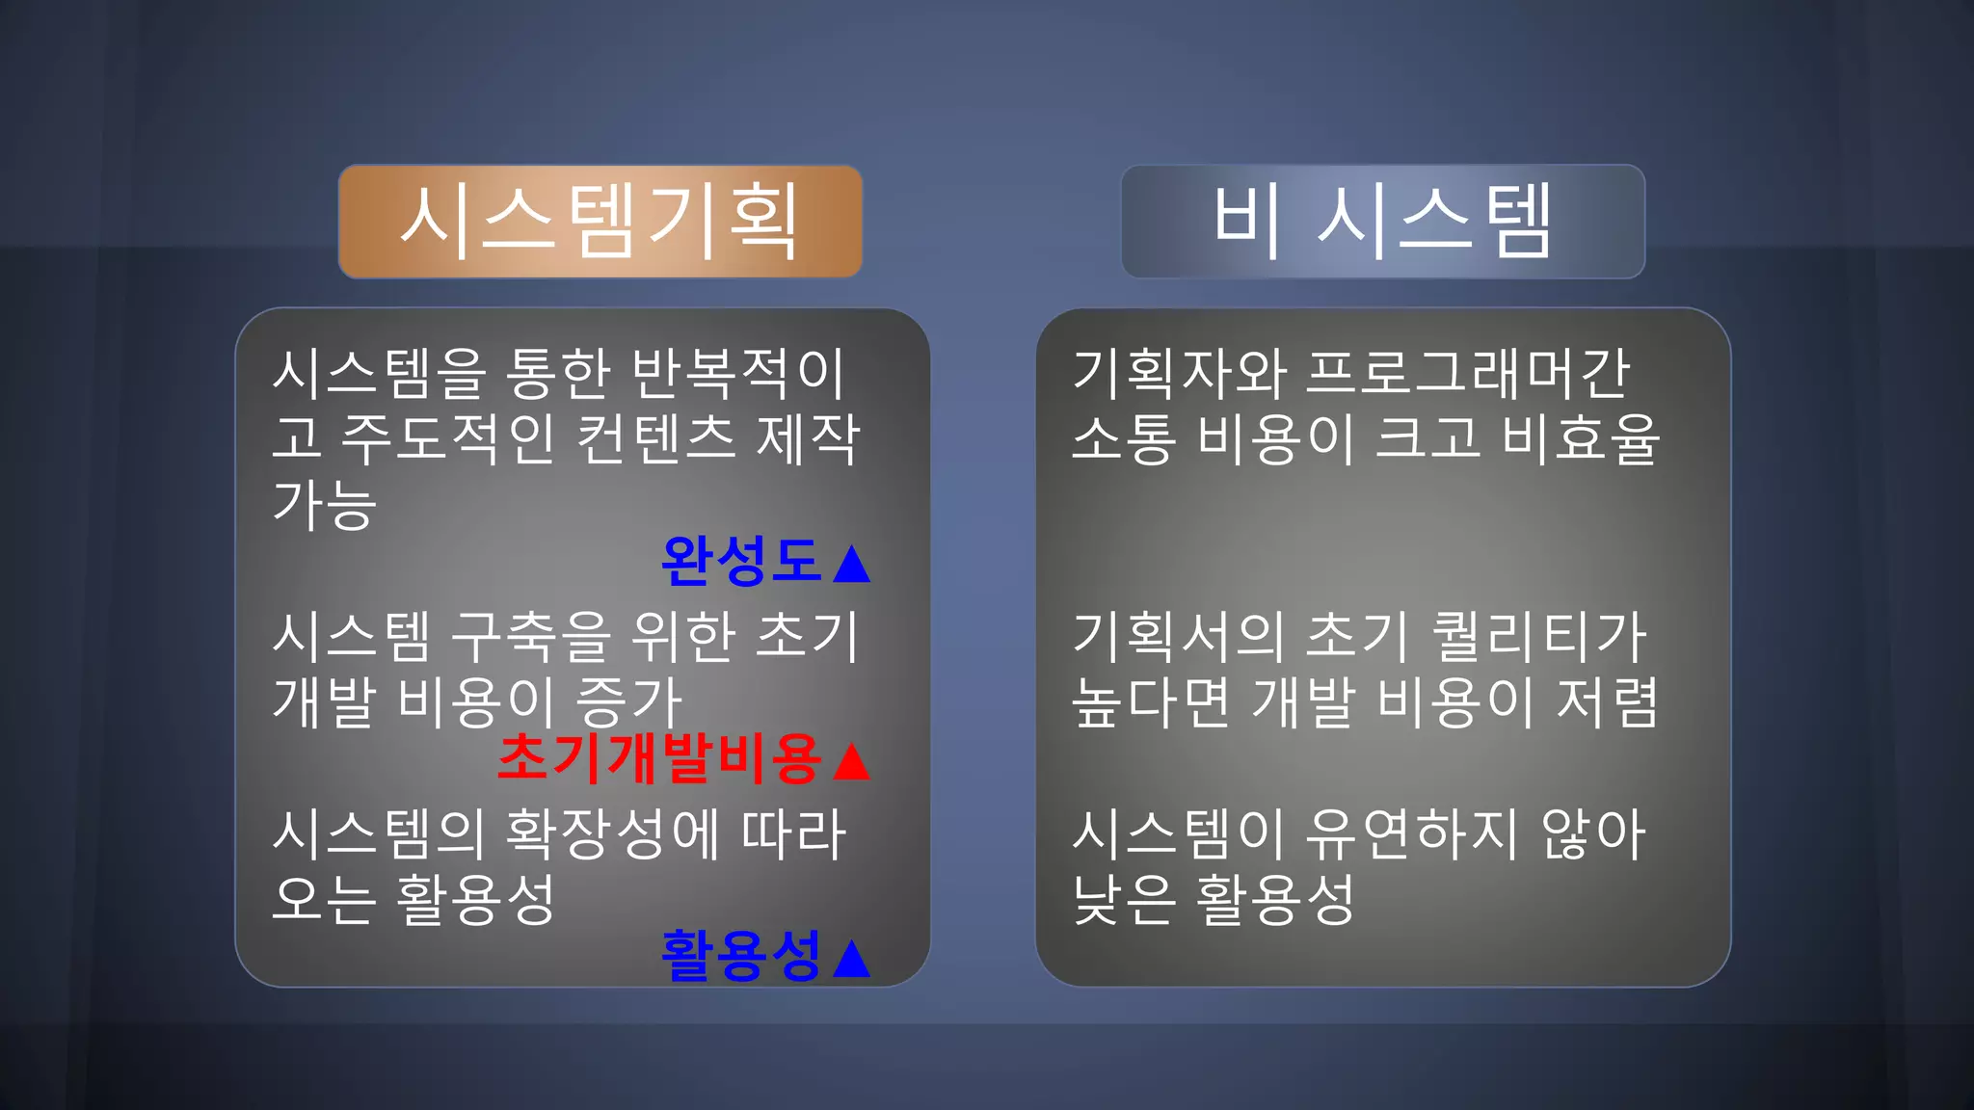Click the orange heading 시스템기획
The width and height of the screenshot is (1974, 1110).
600,222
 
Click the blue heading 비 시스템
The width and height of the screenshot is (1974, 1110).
1382,222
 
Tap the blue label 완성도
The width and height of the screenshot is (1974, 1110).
740,561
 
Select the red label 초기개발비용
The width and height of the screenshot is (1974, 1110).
659,758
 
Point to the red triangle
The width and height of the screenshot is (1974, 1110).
851,761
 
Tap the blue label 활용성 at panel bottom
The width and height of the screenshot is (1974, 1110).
740,955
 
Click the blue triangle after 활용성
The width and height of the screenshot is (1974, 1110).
851,959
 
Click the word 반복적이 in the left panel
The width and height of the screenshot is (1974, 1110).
738,373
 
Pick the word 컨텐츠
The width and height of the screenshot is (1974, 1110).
655,438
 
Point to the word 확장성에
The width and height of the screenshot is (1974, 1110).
613,833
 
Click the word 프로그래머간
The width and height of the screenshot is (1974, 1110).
1467,373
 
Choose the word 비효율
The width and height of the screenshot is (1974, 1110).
1581,438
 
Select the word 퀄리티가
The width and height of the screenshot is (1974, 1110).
1539,637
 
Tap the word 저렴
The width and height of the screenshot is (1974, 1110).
1607,701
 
